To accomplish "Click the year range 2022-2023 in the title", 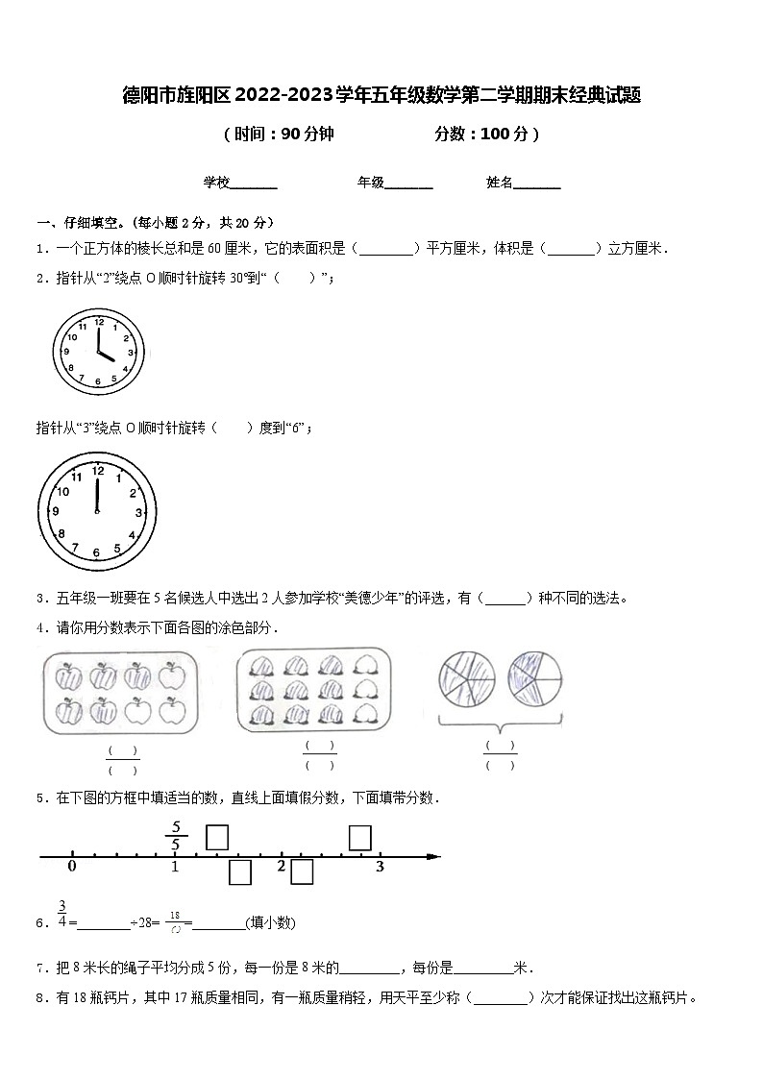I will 283,95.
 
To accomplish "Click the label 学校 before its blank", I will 215,183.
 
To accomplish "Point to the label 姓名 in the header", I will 500,183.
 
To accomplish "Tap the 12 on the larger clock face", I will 97,471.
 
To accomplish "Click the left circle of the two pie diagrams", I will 465,678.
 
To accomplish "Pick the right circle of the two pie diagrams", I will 535,678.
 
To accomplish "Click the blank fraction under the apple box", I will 122,760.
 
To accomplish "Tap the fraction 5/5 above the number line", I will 176,836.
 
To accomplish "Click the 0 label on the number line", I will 72,867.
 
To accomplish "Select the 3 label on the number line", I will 380,867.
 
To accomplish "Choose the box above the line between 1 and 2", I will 217,838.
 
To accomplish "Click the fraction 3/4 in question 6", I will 62,915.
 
